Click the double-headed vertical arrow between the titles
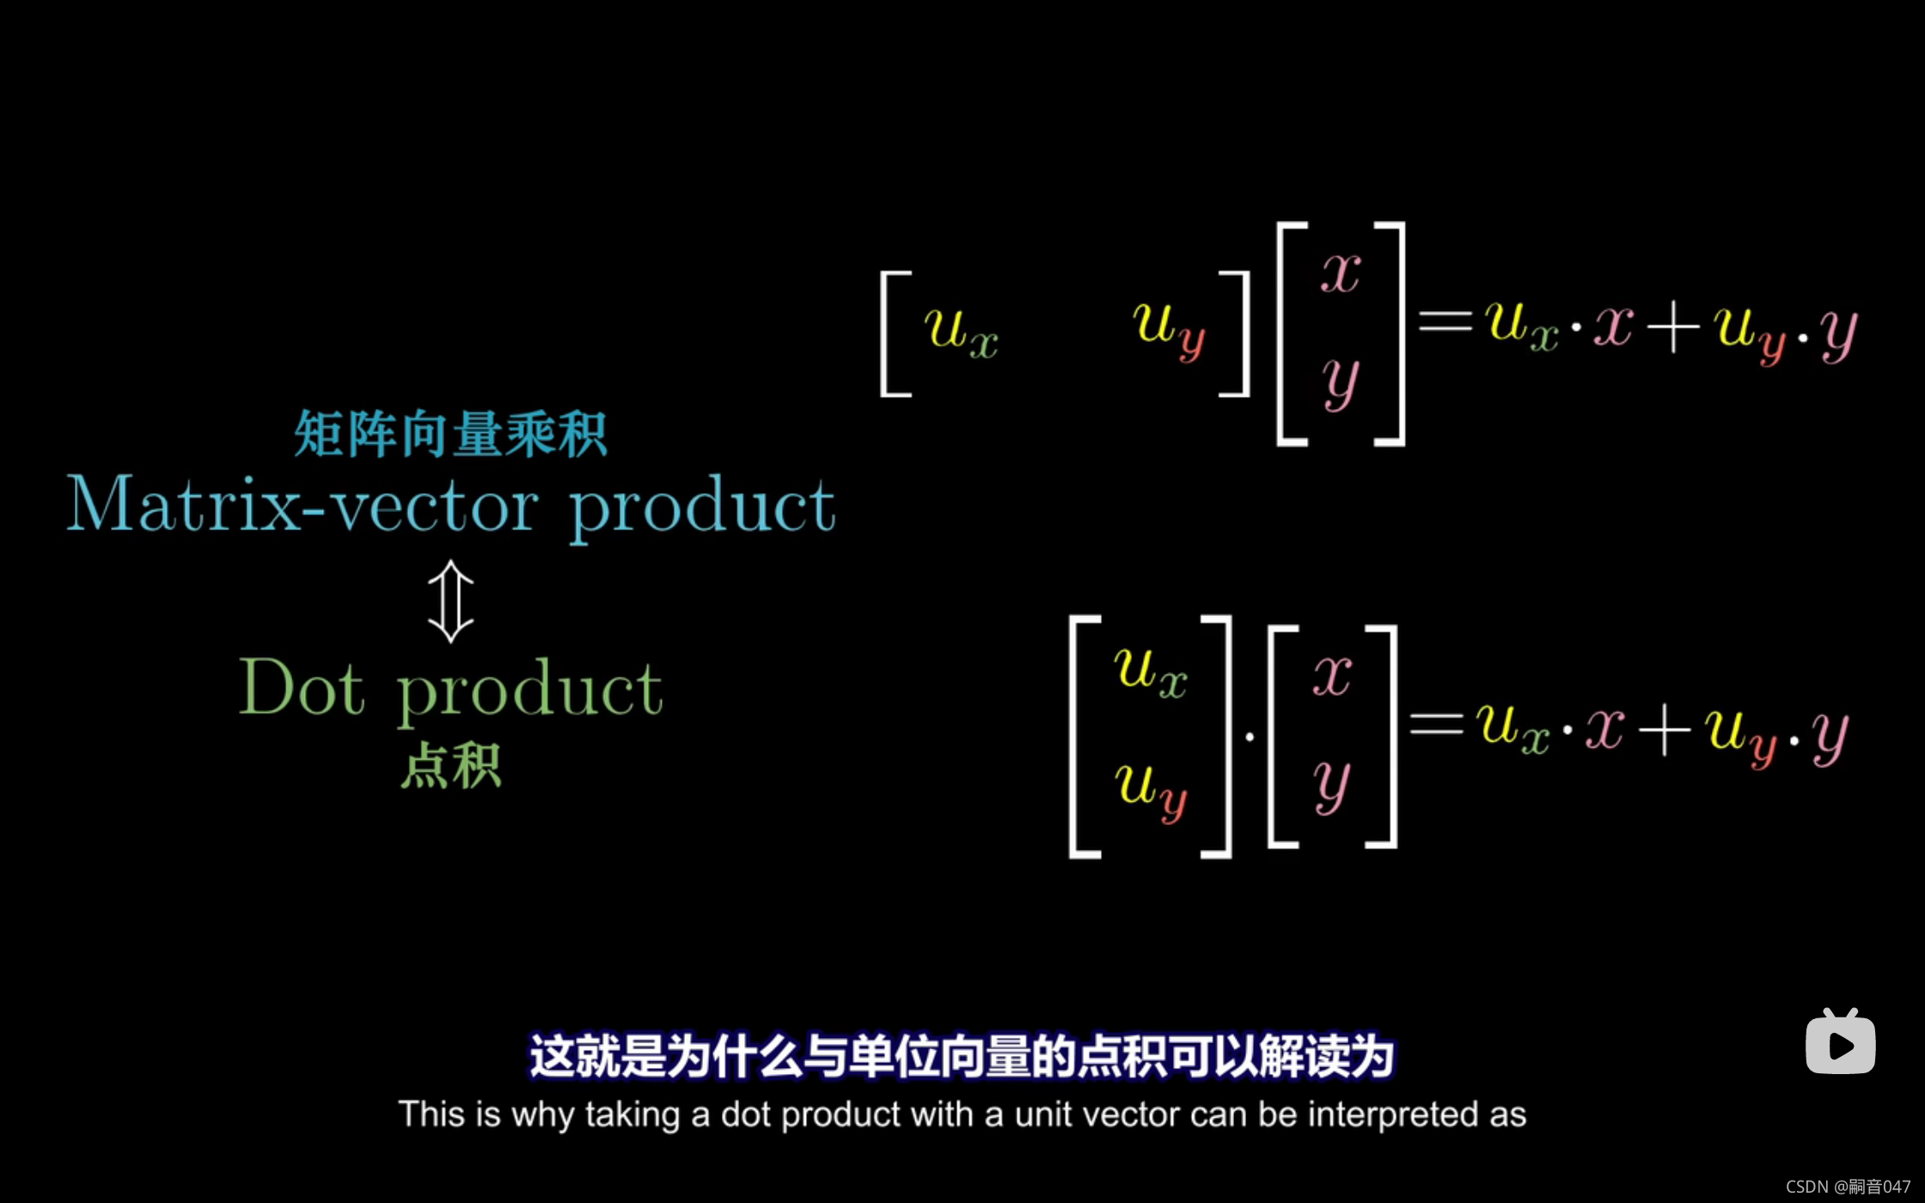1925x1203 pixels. (450, 601)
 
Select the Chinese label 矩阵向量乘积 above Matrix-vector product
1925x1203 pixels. (450, 434)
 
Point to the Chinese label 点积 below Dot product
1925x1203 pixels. (450, 765)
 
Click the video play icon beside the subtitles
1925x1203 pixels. (1840, 1042)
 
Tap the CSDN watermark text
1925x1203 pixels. (1848, 1187)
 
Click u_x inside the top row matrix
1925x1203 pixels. (961, 331)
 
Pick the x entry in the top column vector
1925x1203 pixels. (1341, 273)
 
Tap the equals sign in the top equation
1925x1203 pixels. (1445, 322)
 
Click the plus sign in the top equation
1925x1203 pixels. (1672, 327)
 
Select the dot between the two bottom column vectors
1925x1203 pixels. (1250, 736)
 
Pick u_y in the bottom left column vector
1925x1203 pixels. (1151, 786)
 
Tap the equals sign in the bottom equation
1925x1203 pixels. (1437, 724)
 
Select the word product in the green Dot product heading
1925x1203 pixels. (529, 689)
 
